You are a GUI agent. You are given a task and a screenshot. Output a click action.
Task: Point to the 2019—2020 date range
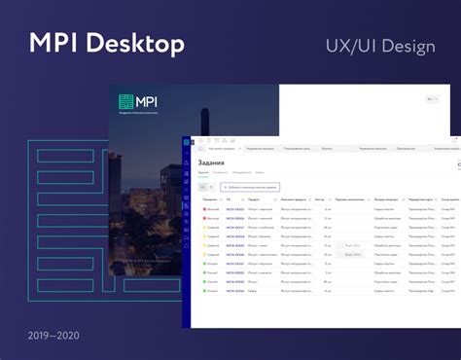tap(53, 336)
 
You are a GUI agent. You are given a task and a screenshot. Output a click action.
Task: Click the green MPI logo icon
tap(126, 102)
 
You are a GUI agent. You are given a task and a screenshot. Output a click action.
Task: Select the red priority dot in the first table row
tap(203, 208)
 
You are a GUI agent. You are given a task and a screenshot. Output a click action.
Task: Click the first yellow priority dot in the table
tap(203, 235)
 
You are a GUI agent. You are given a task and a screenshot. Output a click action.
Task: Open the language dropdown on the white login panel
tap(432, 100)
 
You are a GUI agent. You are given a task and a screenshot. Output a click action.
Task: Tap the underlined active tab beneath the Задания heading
tap(203, 172)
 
